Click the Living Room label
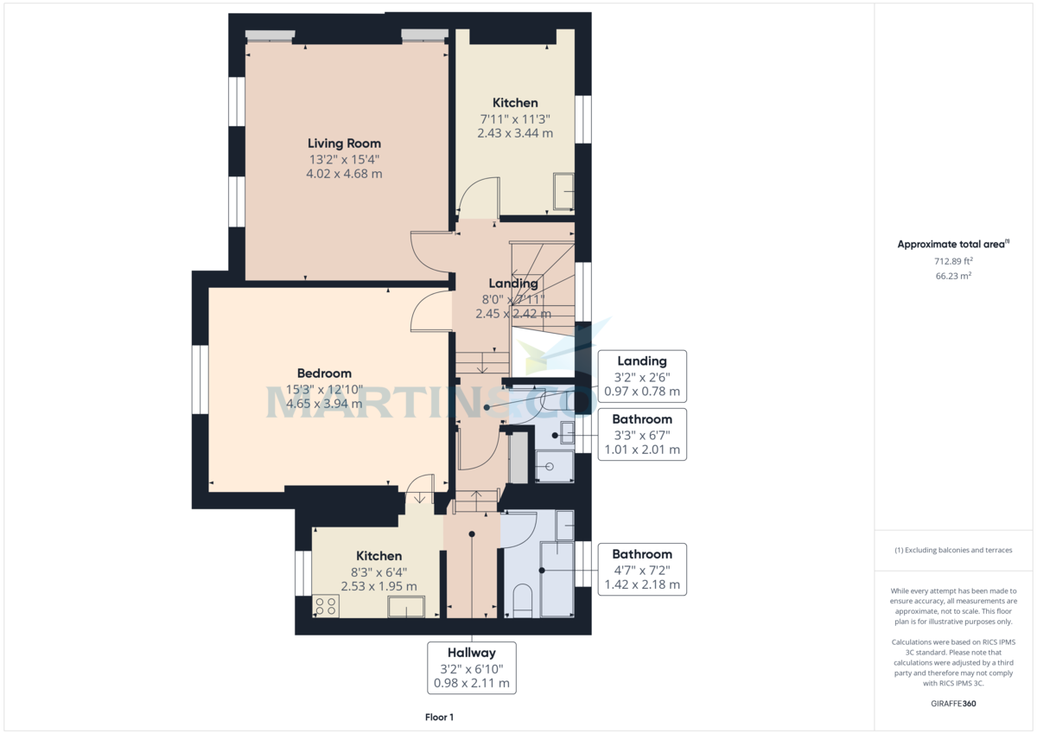pyautogui.click(x=344, y=144)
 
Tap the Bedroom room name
pyautogui.click(x=319, y=373)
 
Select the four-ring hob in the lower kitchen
pyautogui.click(x=327, y=606)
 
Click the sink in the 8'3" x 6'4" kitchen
pyautogui.click(x=406, y=607)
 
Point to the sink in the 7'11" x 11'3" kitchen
pyautogui.click(x=563, y=191)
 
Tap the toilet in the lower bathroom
pyautogui.click(x=522, y=602)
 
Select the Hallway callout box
pyautogui.click(x=472, y=667)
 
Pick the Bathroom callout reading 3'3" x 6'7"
pyautogui.click(x=641, y=435)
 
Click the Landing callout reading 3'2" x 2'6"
pyautogui.click(x=641, y=376)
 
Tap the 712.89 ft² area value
pyautogui.click(x=953, y=260)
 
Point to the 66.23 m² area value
pyautogui.click(x=953, y=276)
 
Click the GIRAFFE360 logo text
pyautogui.click(x=953, y=704)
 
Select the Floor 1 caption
pyautogui.click(x=439, y=717)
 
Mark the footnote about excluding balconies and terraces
pyautogui.click(x=953, y=550)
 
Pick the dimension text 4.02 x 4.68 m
pyautogui.click(x=344, y=174)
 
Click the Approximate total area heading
pyautogui.click(x=953, y=245)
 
